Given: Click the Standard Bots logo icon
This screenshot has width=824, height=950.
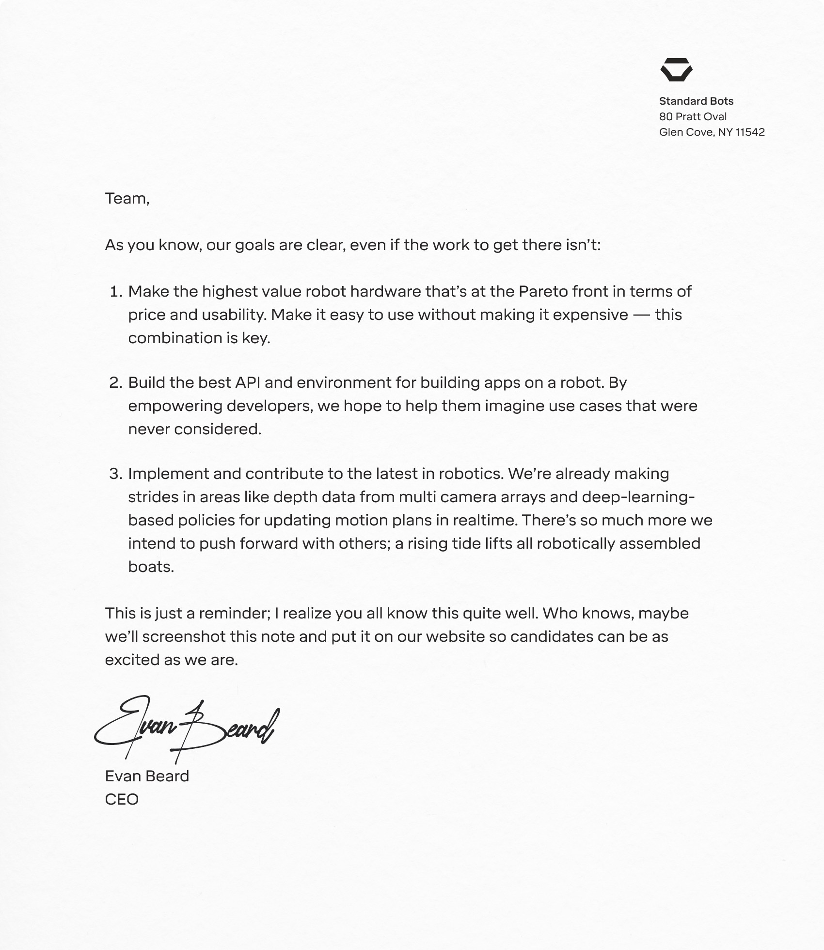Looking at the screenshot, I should pos(676,70).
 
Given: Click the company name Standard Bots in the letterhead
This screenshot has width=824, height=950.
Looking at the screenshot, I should pos(696,101).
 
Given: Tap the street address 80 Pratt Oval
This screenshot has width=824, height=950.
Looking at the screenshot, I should pos(693,117).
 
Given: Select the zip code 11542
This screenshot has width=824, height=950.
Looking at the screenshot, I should pos(750,132).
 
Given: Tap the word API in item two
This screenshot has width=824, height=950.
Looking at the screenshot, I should pos(248,383).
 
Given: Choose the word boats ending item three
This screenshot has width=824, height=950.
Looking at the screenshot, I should pos(151,567).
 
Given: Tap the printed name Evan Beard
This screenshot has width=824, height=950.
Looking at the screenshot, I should pos(147,776).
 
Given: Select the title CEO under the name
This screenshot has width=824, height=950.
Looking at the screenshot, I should pos(122,800).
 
